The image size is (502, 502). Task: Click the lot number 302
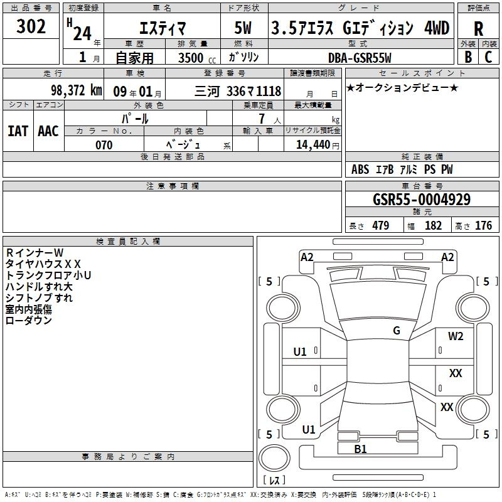(x=31, y=26)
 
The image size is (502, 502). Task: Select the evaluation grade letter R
(x=478, y=29)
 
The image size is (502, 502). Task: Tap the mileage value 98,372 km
(x=77, y=90)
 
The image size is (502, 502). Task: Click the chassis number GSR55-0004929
(x=422, y=200)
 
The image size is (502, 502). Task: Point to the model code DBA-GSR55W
(x=360, y=58)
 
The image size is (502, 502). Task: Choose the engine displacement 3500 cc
(x=197, y=58)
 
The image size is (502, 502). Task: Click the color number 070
(x=104, y=145)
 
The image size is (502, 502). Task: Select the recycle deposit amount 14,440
(x=313, y=145)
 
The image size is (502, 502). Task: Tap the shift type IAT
(x=18, y=131)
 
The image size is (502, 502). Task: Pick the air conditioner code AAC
(x=48, y=131)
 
